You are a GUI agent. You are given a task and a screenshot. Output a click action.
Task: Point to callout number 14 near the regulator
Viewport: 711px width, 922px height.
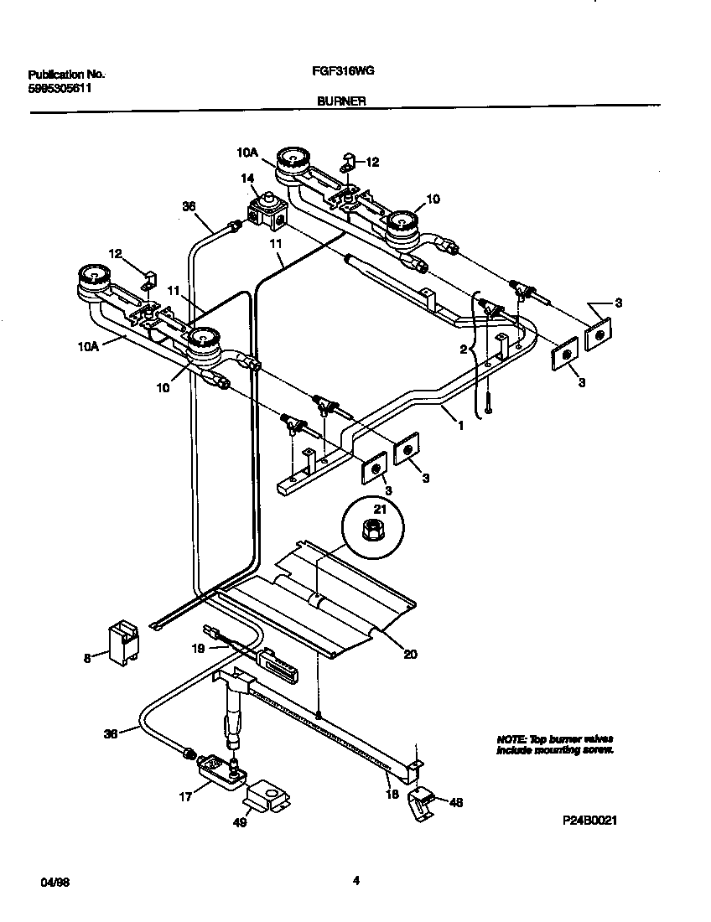(x=247, y=178)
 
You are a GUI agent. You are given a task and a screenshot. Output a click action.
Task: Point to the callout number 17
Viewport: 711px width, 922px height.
(x=186, y=796)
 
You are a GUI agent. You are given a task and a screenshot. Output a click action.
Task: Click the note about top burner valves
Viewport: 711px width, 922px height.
(x=554, y=744)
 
